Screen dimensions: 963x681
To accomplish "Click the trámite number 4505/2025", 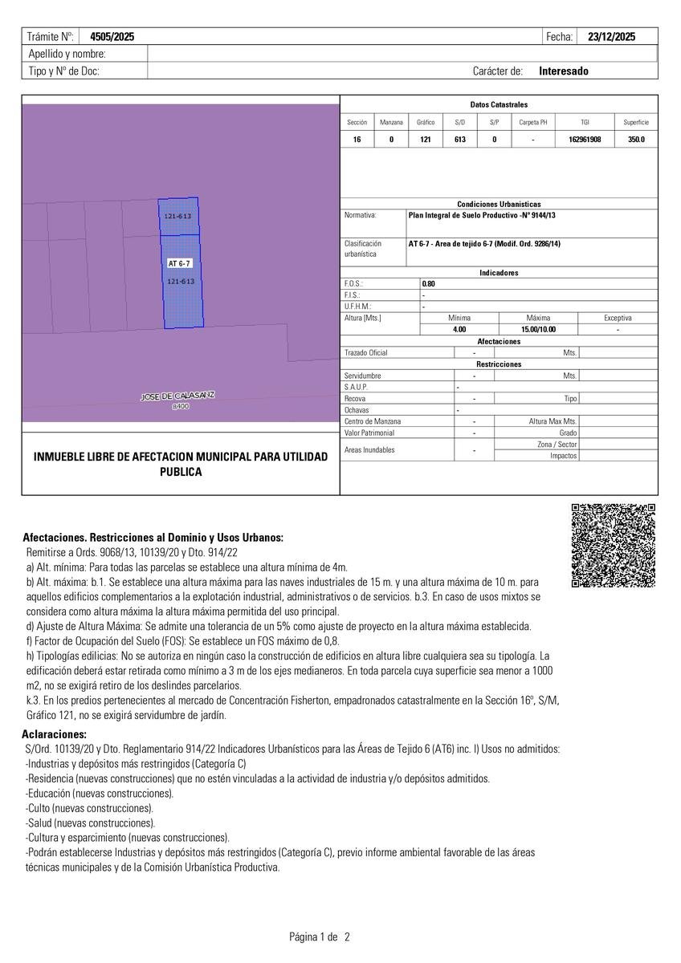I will (x=112, y=37).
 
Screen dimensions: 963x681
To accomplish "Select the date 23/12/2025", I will (x=611, y=37).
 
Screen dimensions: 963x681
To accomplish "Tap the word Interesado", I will (x=563, y=71).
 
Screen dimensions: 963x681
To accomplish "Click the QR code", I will (x=613, y=546).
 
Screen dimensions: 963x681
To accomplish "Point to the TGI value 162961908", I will (x=585, y=140).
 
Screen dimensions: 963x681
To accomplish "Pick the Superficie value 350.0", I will (x=636, y=140).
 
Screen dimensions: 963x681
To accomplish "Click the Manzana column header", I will (x=391, y=123).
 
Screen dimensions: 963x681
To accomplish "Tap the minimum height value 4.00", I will (x=459, y=330).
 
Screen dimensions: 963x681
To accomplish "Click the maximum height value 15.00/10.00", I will (x=538, y=330).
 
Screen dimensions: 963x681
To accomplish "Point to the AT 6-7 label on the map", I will (x=179, y=263).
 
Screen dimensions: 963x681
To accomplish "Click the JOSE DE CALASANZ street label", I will (x=177, y=396).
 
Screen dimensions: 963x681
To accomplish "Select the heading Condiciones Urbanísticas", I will (x=499, y=205).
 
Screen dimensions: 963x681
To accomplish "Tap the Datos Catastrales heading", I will (x=499, y=105).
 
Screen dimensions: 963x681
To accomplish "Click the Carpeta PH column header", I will (x=533, y=123).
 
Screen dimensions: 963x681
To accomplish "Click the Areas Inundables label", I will (x=369, y=450).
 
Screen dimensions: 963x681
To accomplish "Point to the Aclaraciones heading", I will (x=55, y=734).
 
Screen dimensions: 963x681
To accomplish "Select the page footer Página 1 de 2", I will (x=320, y=937).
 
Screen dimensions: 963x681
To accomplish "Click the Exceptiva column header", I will (x=618, y=319).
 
